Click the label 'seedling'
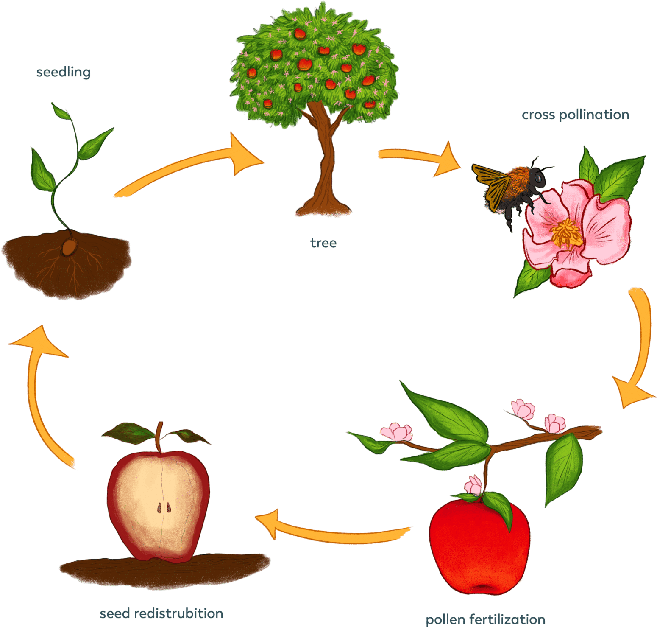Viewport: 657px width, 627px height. tap(63, 73)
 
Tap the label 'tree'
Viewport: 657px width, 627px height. tap(323, 243)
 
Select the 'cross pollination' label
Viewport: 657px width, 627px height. tap(575, 115)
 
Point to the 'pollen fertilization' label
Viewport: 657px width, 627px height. tap(485, 620)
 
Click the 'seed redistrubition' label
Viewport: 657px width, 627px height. tap(161, 613)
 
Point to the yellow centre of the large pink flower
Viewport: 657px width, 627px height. tap(566, 233)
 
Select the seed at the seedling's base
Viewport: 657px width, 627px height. tap(69, 246)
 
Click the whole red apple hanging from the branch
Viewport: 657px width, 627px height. tap(479, 547)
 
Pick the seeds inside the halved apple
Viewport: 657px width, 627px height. tap(164, 507)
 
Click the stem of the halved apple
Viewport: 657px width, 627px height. tap(159, 437)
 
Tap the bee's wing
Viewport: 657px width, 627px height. tap(492, 182)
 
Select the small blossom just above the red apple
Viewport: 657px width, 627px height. tap(474, 485)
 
